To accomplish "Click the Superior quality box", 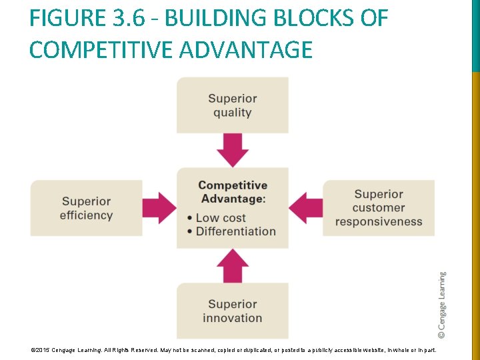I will [232, 105].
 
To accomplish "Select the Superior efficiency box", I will [86, 208].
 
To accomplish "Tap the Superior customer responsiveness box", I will [378, 208].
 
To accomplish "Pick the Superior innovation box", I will [232, 311].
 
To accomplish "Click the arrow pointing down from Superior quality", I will [233, 150].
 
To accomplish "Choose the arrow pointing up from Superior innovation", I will [233, 265].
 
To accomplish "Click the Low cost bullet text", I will [221, 218].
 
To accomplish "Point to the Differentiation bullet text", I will [235, 231].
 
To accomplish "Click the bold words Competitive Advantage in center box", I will [233, 192].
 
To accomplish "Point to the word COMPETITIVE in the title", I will [96, 50].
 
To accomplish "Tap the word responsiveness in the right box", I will [378, 221].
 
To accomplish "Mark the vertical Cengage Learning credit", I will [442, 304].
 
